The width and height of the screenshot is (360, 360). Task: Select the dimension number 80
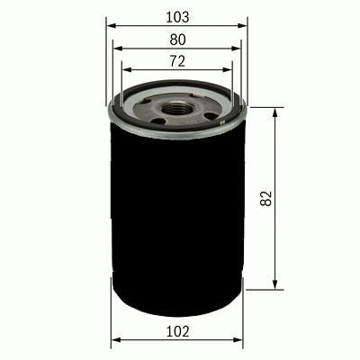176,39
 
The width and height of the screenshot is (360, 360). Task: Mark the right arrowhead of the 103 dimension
243,27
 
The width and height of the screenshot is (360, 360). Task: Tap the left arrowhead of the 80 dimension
119,49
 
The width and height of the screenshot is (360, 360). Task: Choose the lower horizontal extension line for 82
261,290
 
